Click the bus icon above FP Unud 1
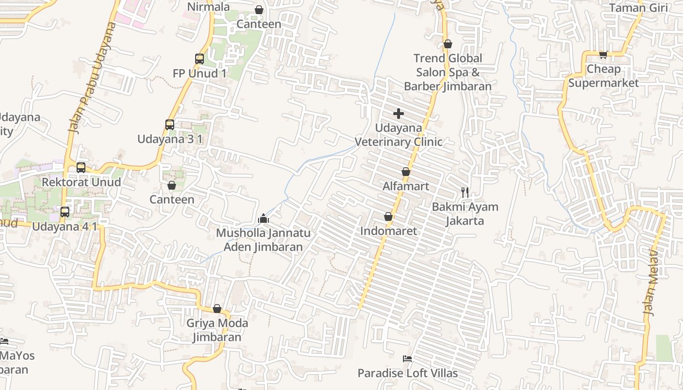[199, 59]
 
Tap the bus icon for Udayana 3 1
[169, 125]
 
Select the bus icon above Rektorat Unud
[81, 168]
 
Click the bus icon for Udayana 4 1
[64, 212]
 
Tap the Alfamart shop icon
[405, 172]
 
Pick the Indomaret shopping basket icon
[388, 216]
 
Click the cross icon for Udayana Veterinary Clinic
[398, 114]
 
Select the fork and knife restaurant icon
[465, 192]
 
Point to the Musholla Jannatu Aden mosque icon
[263, 218]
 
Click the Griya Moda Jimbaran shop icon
[217, 309]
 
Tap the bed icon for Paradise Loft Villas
[407, 359]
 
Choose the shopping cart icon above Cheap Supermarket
[603, 55]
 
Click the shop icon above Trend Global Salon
[447, 44]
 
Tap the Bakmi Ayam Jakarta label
[465, 214]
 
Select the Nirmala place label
[208, 7]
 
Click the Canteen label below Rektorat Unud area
[172, 199]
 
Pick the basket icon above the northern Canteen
[259, 10]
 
